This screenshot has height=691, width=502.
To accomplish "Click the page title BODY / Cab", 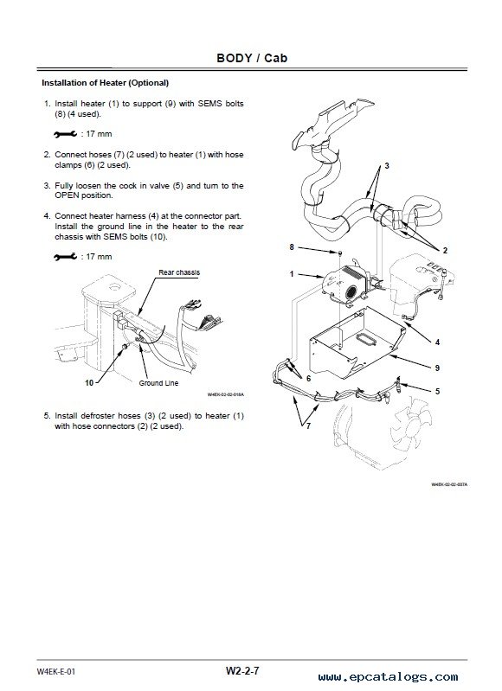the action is pos(252,58).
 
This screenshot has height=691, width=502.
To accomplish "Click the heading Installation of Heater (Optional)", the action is pos(105,83).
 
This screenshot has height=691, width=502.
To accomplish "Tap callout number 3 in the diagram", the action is pos(387,166).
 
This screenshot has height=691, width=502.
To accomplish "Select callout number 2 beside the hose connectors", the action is pos(445,250).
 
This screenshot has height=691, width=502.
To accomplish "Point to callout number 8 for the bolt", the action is pos(292,247).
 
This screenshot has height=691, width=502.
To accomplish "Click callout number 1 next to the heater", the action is pos(292,274).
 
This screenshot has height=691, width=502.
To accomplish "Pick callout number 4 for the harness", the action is pos(437,342).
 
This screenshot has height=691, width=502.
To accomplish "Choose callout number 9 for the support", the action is pos(437,368).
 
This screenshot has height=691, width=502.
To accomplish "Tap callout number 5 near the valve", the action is pos(437,391).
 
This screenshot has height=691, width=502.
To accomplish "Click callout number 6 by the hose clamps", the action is pos(308,379).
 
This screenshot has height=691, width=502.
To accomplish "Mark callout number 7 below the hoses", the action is pos(308,425).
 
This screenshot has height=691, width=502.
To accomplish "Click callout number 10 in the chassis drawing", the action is pos(89,383).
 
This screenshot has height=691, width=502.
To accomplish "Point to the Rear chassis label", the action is pos(179,272).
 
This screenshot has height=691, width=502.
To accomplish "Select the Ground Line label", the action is pos(158,383).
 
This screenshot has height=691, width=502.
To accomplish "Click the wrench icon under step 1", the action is pos(65,134).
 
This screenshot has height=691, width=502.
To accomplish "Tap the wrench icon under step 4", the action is pos(65,257).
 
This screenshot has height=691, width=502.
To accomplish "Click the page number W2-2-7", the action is pos(242,671).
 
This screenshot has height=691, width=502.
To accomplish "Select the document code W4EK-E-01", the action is pos(56,672).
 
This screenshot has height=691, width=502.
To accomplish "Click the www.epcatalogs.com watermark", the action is pos(389,677).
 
